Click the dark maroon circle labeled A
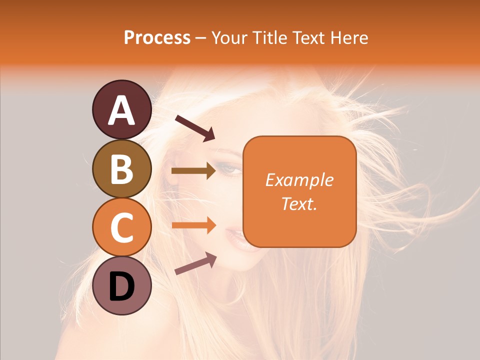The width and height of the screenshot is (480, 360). click(x=121, y=109)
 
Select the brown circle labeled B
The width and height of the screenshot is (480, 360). click(x=121, y=168)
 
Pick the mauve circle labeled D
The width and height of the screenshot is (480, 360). click(x=121, y=285)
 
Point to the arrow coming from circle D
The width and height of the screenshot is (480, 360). click(x=195, y=263)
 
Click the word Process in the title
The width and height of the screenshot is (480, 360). click(x=157, y=37)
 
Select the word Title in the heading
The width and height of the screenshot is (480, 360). click(x=270, y=37)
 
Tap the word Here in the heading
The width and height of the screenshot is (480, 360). click(x=349, y=37)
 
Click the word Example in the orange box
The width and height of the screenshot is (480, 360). click(x=299, y=180)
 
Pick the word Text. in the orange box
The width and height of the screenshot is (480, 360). click(x=299, y=203)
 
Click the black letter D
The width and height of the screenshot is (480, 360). click(x=121, y=286)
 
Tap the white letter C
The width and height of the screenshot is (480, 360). click(x=121, y=227)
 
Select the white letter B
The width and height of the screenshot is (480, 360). click(x=121, y=169)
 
